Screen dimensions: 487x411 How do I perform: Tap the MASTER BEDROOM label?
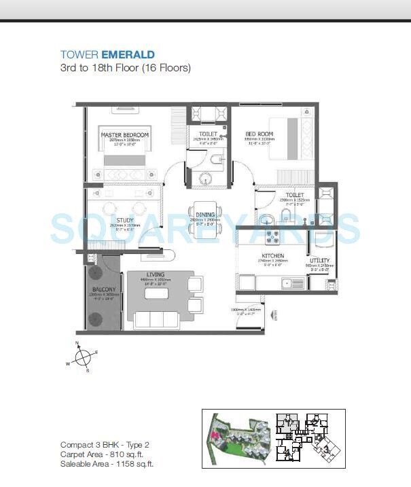click(124, 135)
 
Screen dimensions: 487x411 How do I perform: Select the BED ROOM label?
click(259, 134)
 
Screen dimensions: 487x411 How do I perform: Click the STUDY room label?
click(124, 220)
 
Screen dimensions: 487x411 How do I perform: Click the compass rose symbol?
click(83, 357)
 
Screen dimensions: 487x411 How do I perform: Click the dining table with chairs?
click(204, 219)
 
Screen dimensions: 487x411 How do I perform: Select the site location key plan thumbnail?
click(273, 437)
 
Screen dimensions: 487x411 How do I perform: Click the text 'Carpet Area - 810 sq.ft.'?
click(104, 454)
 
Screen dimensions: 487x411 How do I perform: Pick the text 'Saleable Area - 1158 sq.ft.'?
click(107, 464)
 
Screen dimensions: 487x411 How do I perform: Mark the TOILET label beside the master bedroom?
click(208, 134)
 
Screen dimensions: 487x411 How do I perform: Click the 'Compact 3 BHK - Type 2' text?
click(104, 445)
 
